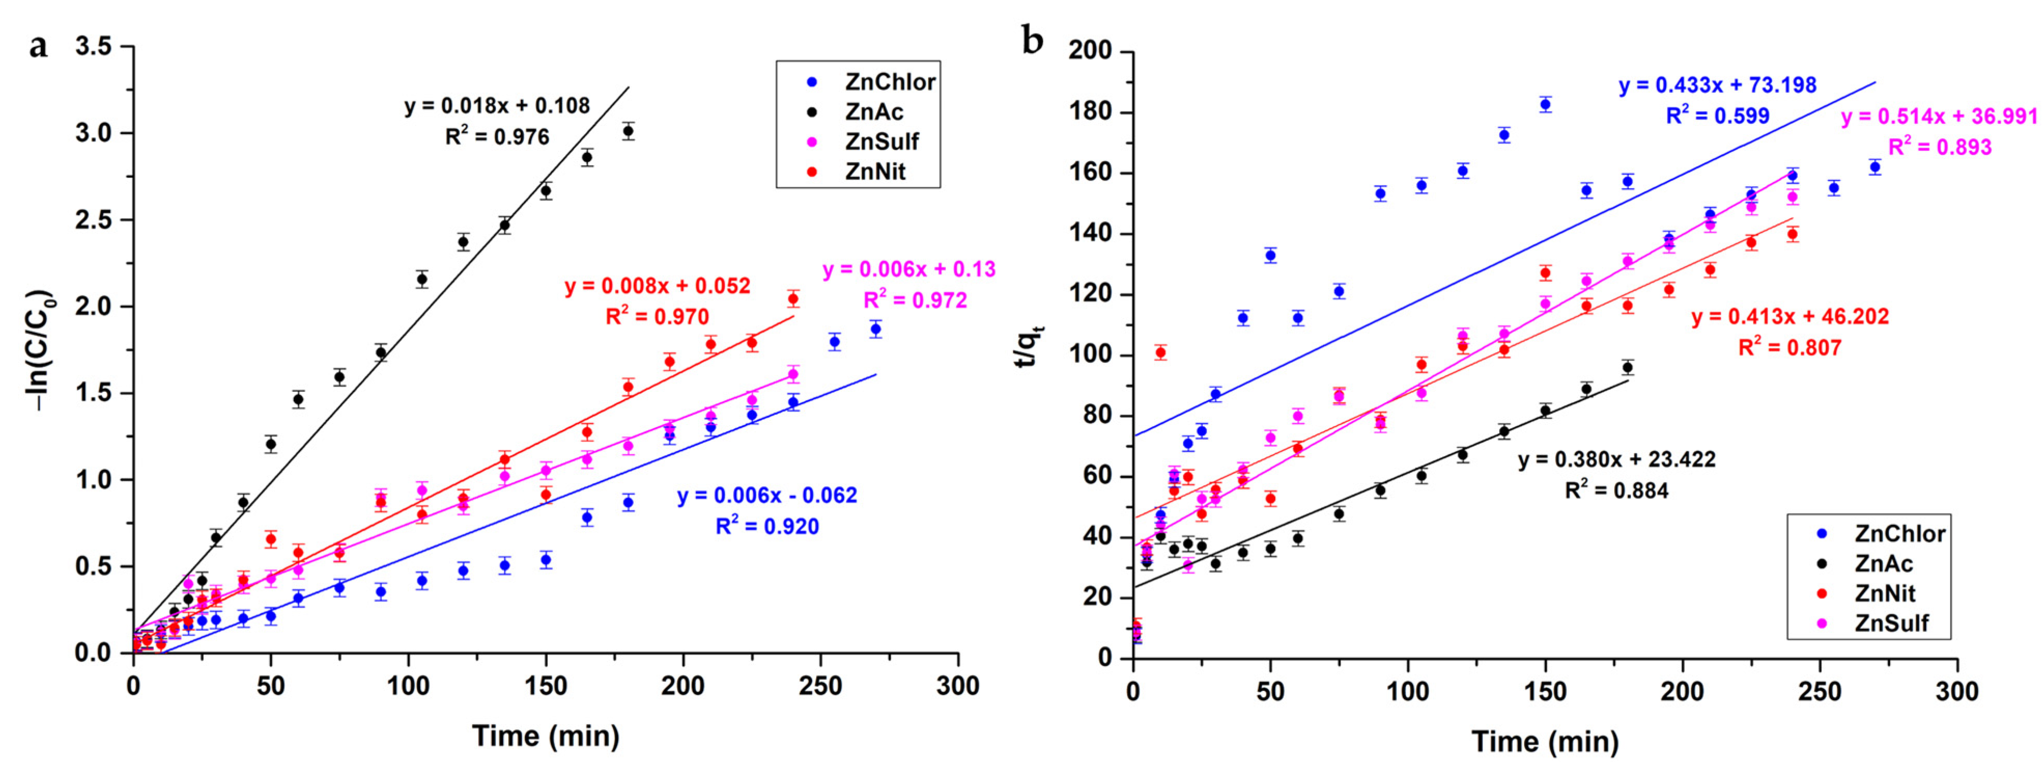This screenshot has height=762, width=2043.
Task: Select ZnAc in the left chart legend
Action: point(874,112)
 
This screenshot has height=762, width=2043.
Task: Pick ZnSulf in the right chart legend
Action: point(1891,623)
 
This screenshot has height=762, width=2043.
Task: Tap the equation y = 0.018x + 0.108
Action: point(496,105)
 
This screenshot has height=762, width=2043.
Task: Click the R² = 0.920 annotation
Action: point(767,526)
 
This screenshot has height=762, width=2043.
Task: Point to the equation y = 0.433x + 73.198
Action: point(1717,85)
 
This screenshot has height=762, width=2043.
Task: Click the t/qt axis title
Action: point(1029,346)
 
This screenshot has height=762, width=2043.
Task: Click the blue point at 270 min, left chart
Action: point(875,328)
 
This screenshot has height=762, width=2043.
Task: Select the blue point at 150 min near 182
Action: point(1545,104)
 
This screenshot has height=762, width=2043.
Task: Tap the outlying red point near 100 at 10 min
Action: point(1160,352)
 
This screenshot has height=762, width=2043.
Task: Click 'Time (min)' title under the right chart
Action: point(1544,741)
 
